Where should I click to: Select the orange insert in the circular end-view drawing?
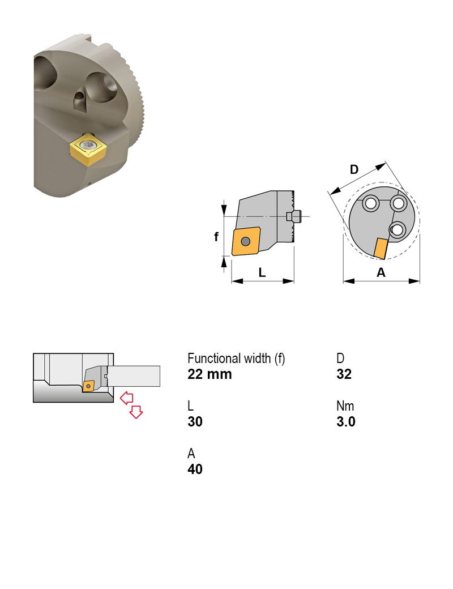[x=381, y=247]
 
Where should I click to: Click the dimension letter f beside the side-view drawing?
[x=216, y=237]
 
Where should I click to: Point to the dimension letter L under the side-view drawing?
[x=262, y=272]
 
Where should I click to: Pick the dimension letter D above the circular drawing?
[x=354, y=169]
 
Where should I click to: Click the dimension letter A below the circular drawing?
[x=381, y=272]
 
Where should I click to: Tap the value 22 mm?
[x=210, y=374]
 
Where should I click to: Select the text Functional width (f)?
[x=236, y=358]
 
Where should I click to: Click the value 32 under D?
[x=344, y=374]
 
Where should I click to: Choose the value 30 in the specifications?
[x=195, y=422]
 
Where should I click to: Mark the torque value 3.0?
[x=345, y=422]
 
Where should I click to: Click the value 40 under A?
[x=195, y=470]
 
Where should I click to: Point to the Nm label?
[x=345, y=406]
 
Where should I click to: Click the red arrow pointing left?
[x=126, y=396]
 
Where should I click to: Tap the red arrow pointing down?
[x=136, y=412]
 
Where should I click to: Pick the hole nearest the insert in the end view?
[x=397, y=229]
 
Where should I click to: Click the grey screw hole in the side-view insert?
[x=245, y=242]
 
